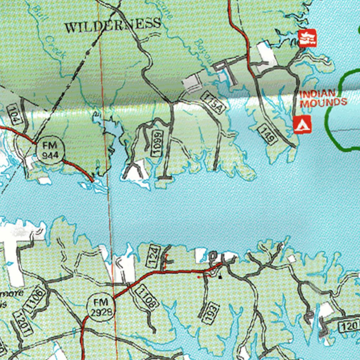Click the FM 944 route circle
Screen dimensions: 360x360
tap(51, 150)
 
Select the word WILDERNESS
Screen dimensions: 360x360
tap(113, 25)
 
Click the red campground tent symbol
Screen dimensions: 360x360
tap(302, 124)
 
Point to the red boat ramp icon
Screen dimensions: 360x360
tap(307, 38)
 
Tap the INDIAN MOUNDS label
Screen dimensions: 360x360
tap(323, 98)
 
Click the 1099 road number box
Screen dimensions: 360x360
tap(157, 143)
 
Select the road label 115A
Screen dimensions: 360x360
tap(213, 102)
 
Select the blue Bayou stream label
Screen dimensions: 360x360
tap(201, 54)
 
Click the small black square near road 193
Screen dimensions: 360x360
tap(220, 277)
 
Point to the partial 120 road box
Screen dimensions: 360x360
tap(349, 326)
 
